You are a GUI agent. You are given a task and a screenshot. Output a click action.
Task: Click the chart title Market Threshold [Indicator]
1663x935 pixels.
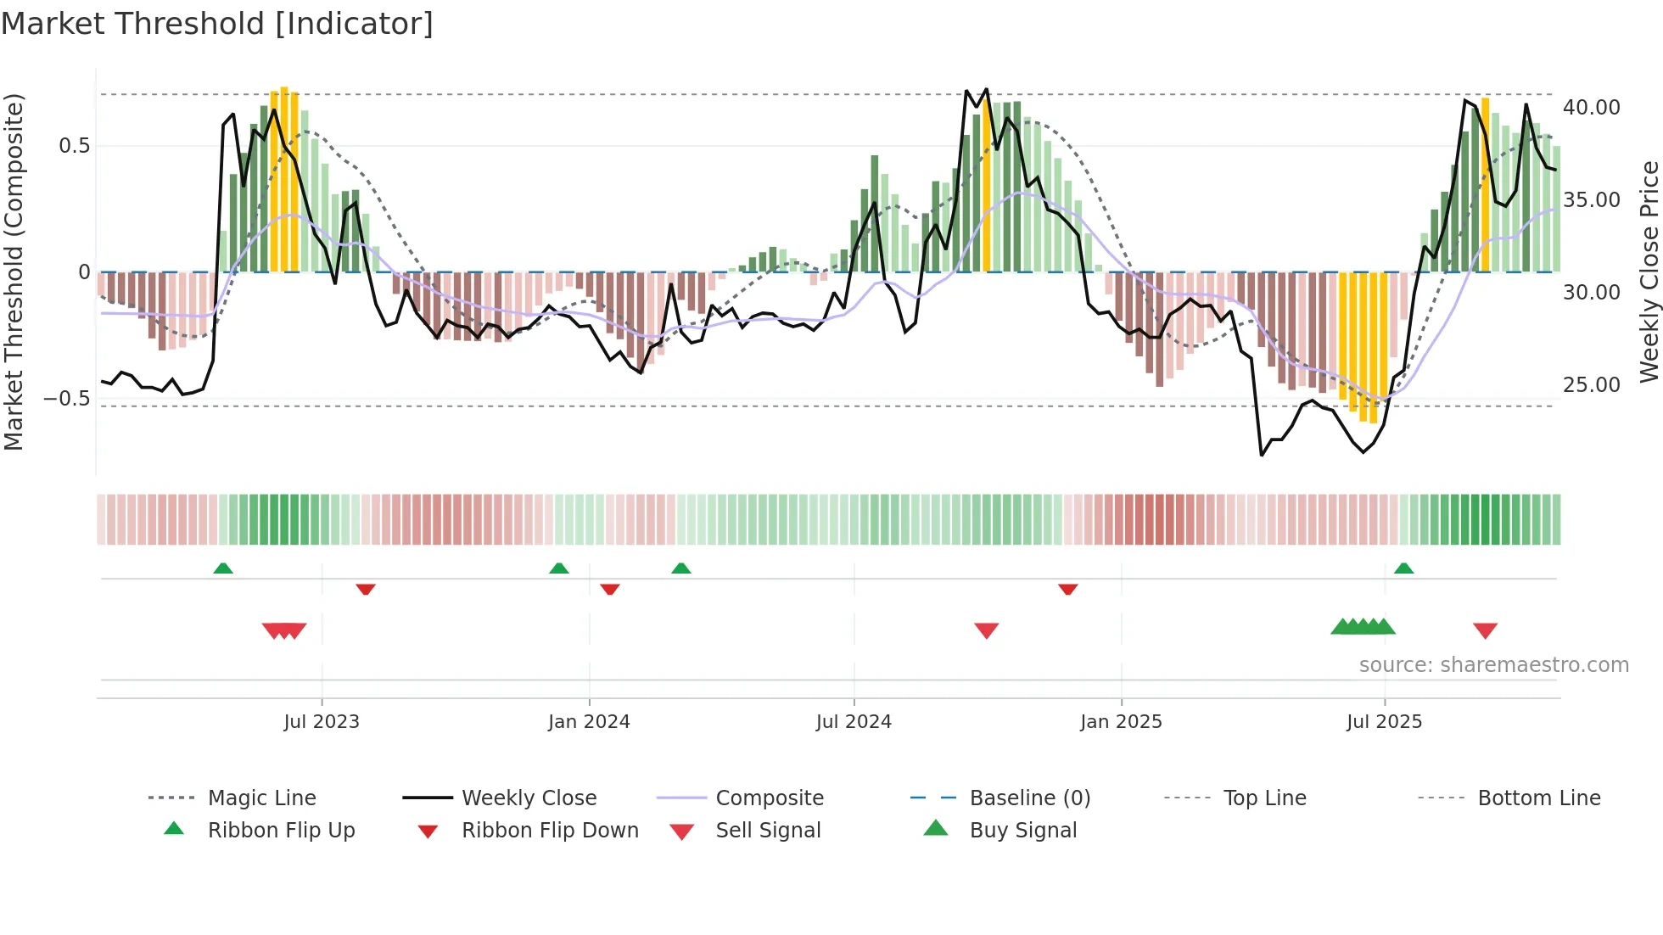(x=217, y=24)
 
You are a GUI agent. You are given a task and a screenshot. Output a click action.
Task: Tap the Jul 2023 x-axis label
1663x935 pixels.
(x=322, y=722)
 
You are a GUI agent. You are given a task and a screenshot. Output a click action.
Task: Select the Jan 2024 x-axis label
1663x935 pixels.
(x=589, y=722)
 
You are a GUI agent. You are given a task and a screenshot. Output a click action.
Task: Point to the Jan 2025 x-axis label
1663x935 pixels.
(x=1121, y=722)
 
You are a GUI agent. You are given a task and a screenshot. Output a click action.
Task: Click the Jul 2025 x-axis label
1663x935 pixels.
(x=1384, y=722)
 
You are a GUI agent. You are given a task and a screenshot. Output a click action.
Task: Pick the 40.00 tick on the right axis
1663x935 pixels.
(x=1592, y=108)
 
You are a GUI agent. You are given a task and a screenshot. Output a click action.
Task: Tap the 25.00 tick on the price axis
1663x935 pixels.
(x=1592, y=385)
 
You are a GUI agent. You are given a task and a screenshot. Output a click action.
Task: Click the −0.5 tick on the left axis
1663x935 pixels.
(x=67, y=399)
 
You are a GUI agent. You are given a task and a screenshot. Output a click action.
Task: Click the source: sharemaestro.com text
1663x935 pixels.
(x=1493, y=665)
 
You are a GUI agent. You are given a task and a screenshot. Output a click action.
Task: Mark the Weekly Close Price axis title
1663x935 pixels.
(x=1649, y=272)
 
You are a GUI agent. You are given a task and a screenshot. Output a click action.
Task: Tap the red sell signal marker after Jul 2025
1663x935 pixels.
(x=1485, y=630)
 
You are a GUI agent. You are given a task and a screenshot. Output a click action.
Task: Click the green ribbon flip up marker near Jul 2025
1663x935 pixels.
(x=1403, y=568)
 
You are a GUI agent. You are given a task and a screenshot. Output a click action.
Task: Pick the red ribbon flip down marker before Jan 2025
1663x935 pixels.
(x=1067, y=589)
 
